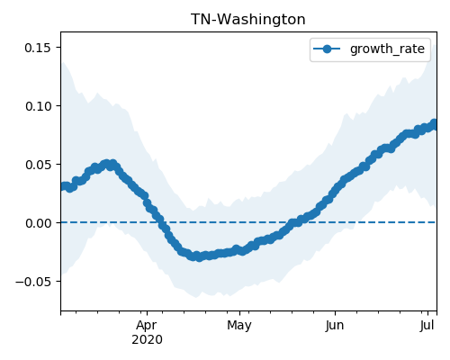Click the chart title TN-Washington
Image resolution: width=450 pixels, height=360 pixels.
pos(248,20)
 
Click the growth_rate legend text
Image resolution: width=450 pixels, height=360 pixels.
pos(387,49)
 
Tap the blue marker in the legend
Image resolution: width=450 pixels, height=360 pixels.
pos(327,49)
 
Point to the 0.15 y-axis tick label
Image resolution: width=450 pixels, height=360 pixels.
pos(38,48)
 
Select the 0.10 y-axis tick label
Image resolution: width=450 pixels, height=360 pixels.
pos(38,106)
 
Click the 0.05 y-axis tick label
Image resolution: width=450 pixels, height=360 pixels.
pos(38,165)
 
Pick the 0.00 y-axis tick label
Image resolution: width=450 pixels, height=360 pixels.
pos(38,223)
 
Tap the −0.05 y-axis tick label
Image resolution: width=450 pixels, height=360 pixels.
pos(33,282)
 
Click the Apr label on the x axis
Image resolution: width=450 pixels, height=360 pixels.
pos(147,326)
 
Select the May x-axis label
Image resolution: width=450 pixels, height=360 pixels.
pos(239,326)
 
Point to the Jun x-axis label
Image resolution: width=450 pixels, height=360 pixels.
pos(335,326)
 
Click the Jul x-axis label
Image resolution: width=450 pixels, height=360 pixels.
pos(427,326)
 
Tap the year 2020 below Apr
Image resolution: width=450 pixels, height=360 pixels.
pos(147,339)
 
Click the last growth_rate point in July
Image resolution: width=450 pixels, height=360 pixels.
pos(434,123)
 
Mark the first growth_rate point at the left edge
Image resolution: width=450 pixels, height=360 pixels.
pos(63,186)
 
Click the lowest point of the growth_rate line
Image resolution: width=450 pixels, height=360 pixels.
pos(199,257)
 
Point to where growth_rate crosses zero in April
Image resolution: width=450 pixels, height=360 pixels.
pos(159,222)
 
